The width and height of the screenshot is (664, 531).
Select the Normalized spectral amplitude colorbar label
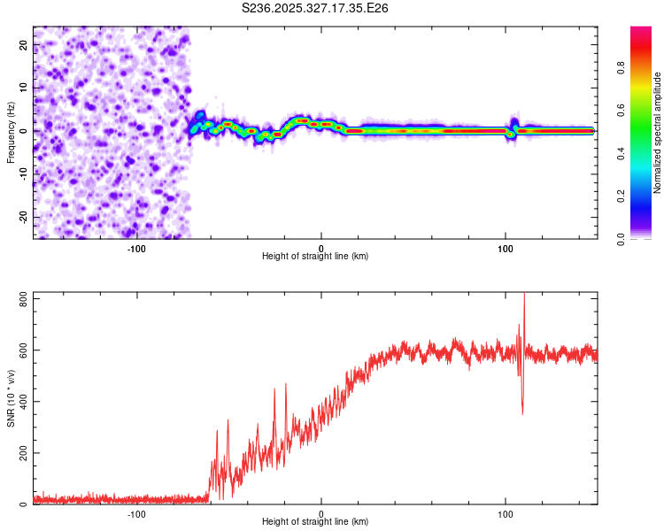(x=658, y=133)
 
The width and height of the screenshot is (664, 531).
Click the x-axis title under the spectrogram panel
(x=315, y=256)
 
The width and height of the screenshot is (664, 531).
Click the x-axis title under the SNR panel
(x=315, y=521)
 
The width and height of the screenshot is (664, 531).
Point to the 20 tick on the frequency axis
(x=24, y=44)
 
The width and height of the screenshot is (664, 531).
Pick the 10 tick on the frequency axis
(x=24, y=88)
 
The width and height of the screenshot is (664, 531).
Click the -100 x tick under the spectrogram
(x=136, y=249)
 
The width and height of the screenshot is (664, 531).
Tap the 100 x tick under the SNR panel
(x=506, y=514)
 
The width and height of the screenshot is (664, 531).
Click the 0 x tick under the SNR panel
(x=321, y=514)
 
